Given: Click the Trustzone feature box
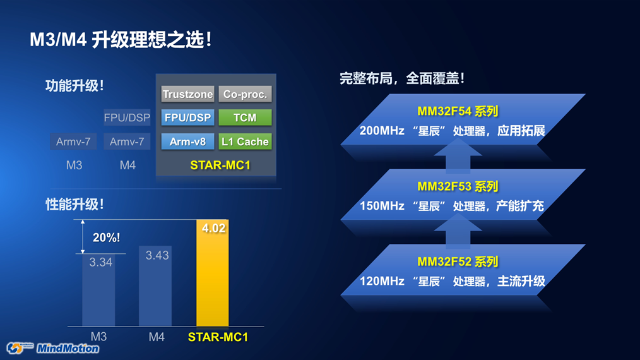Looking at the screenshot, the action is pos(187,94).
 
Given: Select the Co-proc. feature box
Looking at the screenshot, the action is pos(245,94).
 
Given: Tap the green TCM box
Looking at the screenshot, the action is pos(245,117).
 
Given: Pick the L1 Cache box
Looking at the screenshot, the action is pos(245,141).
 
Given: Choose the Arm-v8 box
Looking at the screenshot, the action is pos(187,141).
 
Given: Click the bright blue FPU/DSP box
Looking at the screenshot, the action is pos(187,117).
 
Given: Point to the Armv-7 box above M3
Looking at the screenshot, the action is pos(73,141).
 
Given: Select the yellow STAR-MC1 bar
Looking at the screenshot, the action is pos(213,273).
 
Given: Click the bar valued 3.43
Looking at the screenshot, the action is pos(155,286).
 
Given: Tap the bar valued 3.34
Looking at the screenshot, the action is pos(98,290).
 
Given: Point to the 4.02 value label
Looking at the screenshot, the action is pos(213,228).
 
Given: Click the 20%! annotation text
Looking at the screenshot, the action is pos(106,237).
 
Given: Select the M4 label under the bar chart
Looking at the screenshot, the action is pos(157,337).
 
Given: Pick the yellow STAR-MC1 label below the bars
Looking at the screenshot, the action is pos(218,337).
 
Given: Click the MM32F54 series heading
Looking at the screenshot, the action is pos(458,111).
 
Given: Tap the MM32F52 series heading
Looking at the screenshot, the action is pos(458,261).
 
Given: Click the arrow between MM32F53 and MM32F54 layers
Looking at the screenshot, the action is pos(458,155).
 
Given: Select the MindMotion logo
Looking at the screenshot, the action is pos(53,348).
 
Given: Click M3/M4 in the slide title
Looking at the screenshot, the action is pos(58,40).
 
